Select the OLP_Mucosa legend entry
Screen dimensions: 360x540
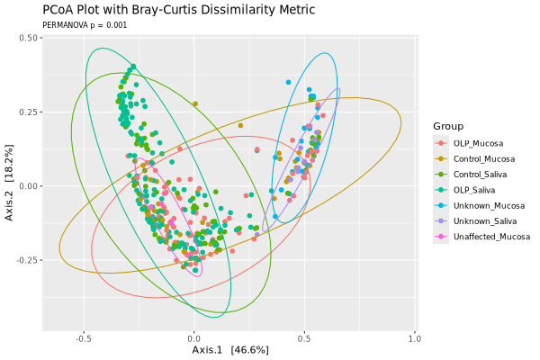click(478, 143)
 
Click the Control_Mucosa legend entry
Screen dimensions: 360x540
click(484, 158)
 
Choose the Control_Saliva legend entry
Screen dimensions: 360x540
click(481, 174)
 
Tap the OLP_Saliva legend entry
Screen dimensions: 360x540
click(475, 190)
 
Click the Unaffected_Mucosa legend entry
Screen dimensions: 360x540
click(490, 236)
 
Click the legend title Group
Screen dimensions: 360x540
click(448, 126)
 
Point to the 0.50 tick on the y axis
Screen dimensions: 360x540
click(27, 39)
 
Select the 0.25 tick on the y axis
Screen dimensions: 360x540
click(27, 112)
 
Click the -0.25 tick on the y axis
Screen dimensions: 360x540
click(25, 260)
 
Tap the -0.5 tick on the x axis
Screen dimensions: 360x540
click(83, 339)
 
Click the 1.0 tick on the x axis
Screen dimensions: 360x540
click(415, 339)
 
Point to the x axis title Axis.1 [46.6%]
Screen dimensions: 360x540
click(229, 349)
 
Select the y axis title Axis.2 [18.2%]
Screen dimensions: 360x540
click(10, 185)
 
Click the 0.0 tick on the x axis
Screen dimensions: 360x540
click(194, 339)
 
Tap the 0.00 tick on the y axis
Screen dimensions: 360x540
click(27, 186)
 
